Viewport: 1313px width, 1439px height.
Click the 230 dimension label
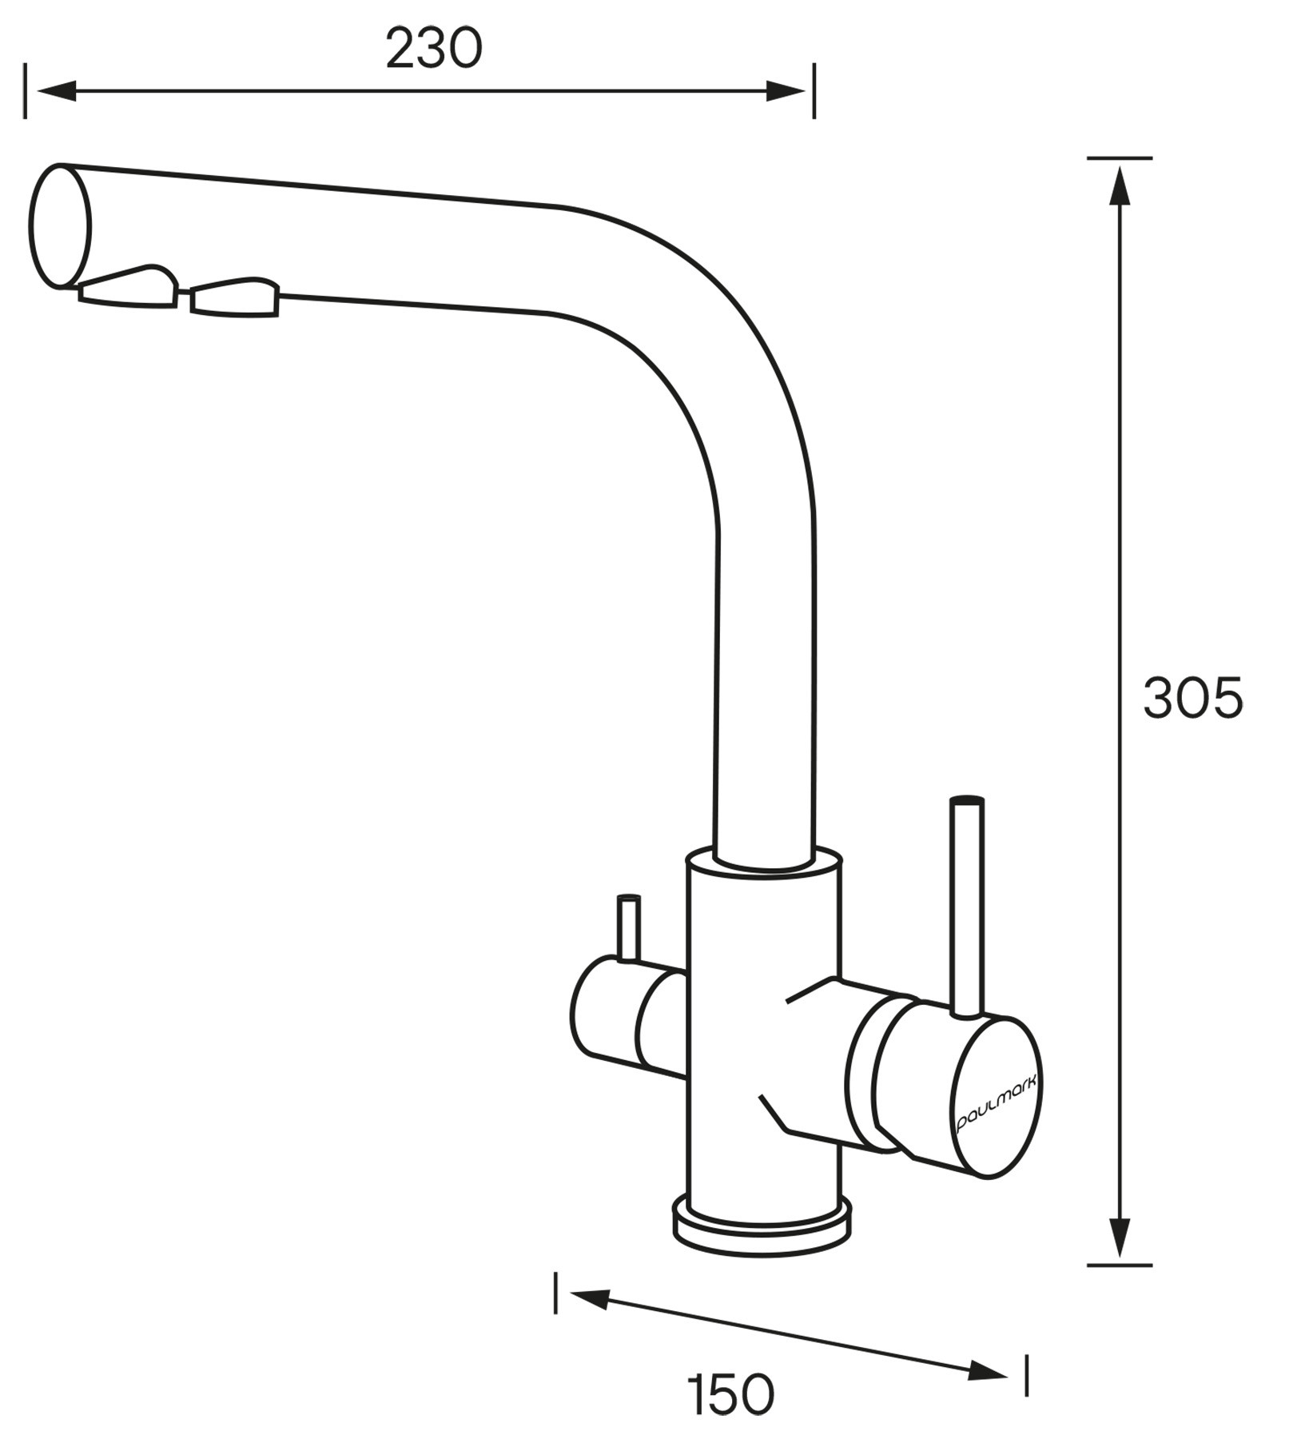tap(434, 49)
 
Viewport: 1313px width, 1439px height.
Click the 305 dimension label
tap(1193, 698)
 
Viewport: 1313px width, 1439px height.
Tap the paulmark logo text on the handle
tap(997, 1102)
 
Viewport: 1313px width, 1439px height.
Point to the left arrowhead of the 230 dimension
tap(56, 91)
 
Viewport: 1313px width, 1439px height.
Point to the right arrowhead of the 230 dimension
tap(785, 91)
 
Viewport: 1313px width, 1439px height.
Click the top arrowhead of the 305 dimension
tap(1120, 187)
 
